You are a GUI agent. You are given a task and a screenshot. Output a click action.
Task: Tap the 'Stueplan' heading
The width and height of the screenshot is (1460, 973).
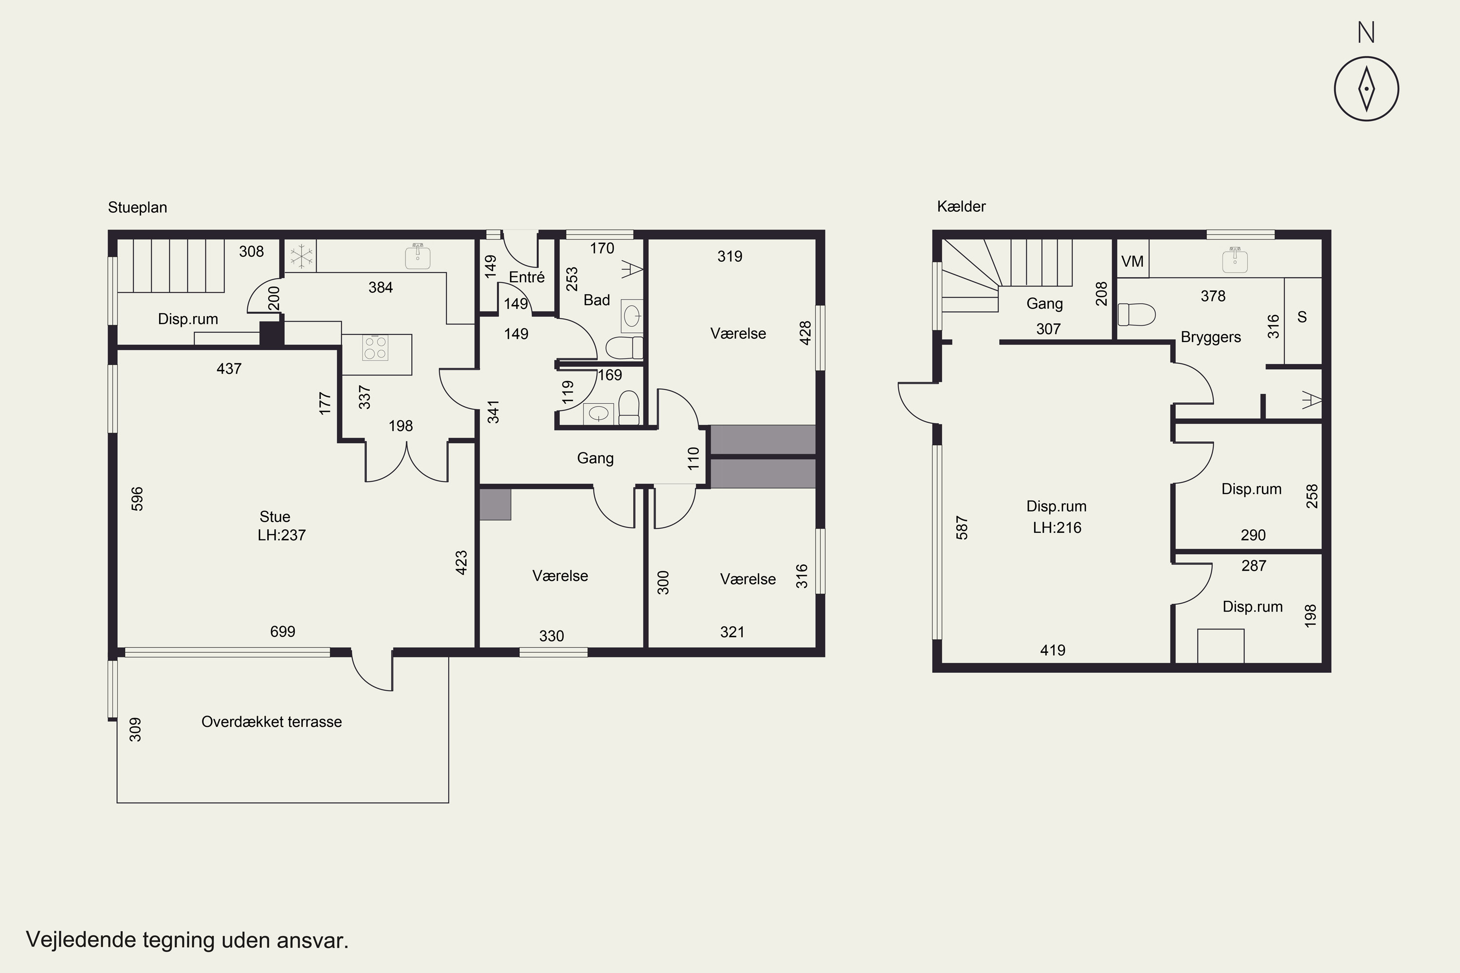(x=137, y=207)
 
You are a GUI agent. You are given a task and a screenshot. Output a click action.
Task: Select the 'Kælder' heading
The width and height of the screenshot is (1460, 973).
(x=961, y=207)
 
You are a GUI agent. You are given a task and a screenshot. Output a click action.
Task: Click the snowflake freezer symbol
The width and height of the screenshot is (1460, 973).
(x=301, y=256)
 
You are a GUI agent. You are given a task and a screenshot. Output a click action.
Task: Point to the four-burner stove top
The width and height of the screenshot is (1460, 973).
(x=375, y=347)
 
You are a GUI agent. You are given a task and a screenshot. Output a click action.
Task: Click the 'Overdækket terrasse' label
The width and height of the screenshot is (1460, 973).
(x=271, y=721)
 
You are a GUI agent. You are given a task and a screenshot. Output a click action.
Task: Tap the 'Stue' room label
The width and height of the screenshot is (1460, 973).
(x=275, y=517)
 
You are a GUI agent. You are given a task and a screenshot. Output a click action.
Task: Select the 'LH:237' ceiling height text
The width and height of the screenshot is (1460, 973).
(x=282, y=535)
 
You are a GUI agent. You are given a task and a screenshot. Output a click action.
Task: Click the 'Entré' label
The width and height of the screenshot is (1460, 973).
(x=527, y=277)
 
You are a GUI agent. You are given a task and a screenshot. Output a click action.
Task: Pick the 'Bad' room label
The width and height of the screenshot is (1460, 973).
(x=597, y=300)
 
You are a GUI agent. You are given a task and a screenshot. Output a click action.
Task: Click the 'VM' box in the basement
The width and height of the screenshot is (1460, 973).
(x=1132, y=261)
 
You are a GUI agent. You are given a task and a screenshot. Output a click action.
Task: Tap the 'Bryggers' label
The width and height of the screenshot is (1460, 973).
(x=1210, y=337)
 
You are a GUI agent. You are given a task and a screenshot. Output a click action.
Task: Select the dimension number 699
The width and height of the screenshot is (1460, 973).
(x=282, y=631)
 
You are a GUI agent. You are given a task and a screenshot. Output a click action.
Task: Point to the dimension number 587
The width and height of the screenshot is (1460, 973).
(x=962, y=527)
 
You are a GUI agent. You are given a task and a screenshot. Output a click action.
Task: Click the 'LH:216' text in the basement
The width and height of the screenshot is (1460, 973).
(x=1057, y=527)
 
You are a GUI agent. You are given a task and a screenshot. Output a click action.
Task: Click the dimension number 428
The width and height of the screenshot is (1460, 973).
(x=805, y=333)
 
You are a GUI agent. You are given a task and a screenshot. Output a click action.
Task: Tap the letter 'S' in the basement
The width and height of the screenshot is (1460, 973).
(x=1302, y=317)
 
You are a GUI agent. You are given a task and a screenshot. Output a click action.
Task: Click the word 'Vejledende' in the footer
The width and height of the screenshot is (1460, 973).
(x=81, y=939)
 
